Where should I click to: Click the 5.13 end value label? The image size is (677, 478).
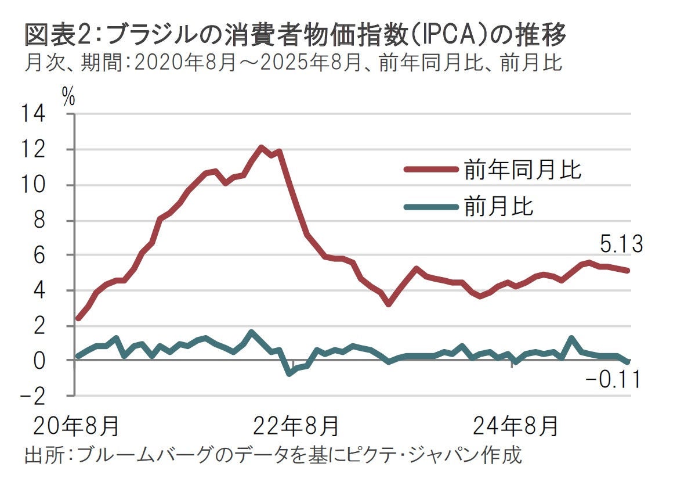click(621, 245)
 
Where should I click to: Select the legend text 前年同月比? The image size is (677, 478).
click(522, 170)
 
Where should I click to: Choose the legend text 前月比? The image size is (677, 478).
click(498, 206)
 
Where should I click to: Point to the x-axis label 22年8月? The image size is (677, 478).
click(295, 426)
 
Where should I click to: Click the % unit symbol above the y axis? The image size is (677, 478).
click(68, 98)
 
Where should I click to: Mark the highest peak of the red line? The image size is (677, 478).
click(261, 148)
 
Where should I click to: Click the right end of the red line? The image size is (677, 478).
click(628, 271)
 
